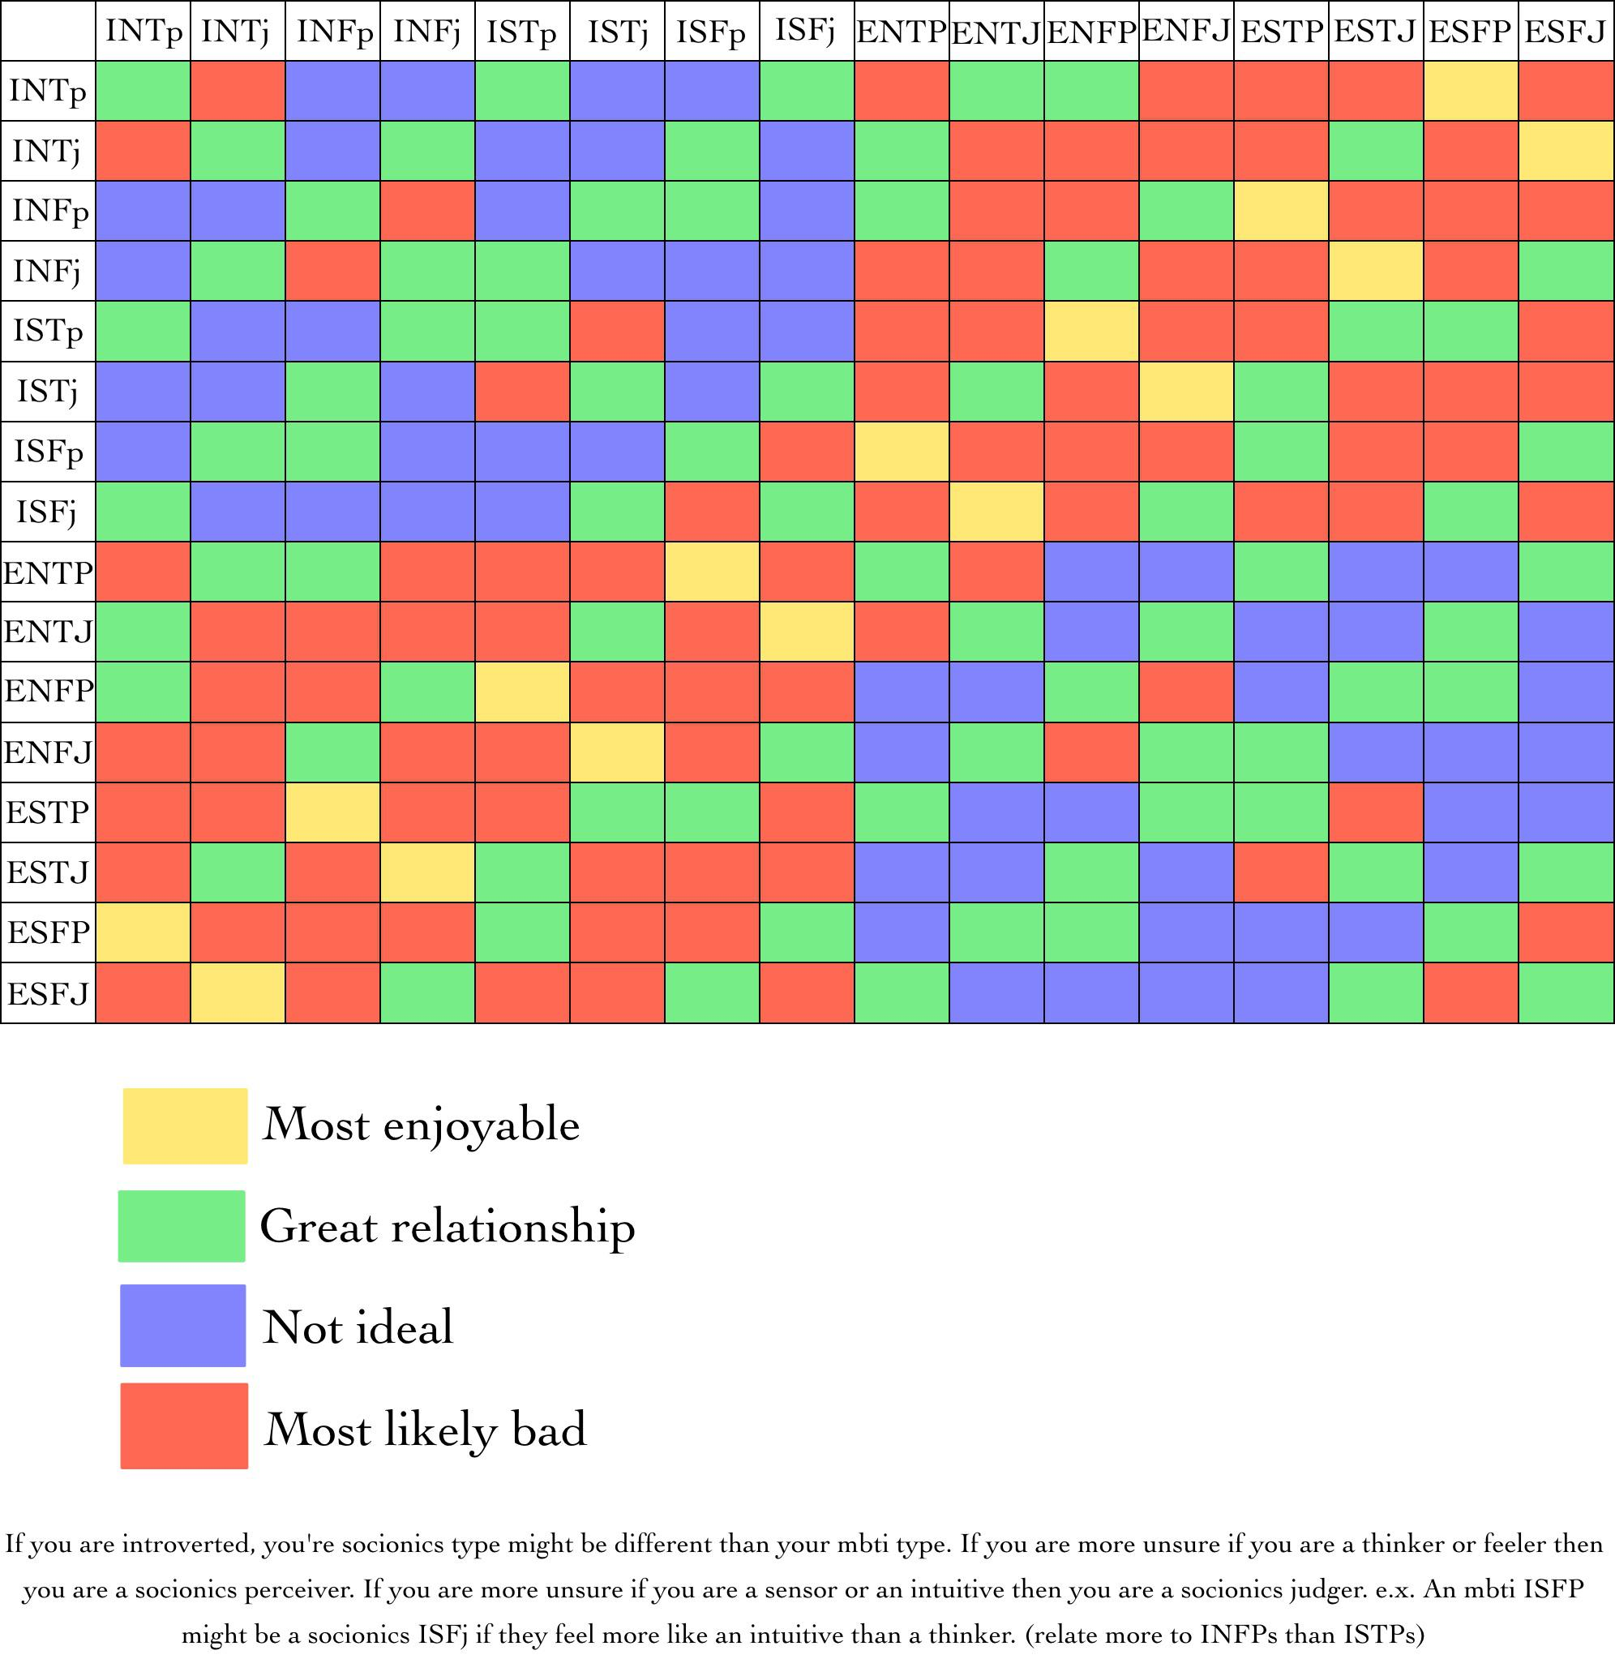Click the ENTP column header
901,32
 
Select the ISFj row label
48,512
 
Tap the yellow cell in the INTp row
1470,91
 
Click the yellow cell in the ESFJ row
238,992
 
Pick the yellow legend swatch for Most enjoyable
185,1125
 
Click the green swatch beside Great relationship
182,1225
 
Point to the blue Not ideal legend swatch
182,1325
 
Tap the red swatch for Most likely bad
184,1425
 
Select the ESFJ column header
1565,32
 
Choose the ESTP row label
48,812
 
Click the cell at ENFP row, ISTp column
521,691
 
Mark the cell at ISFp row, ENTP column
901,451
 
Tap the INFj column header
426,32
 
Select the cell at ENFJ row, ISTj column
617,752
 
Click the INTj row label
47,151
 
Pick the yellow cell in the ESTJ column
1375,271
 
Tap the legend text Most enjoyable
422,1125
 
